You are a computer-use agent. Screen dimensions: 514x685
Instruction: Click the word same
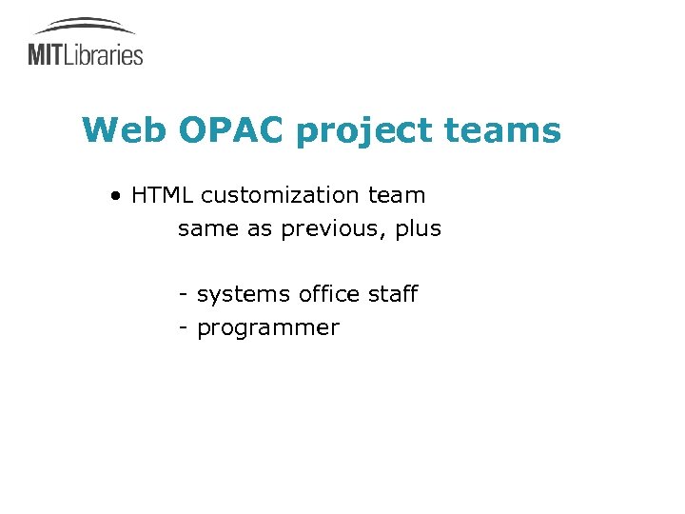click(x=205, y=230)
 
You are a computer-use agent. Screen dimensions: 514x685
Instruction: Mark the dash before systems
click(x=182, y=295)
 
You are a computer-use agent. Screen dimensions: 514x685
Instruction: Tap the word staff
click(x=393, y=294)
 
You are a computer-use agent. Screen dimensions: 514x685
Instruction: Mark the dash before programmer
click(x=182, y=328)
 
